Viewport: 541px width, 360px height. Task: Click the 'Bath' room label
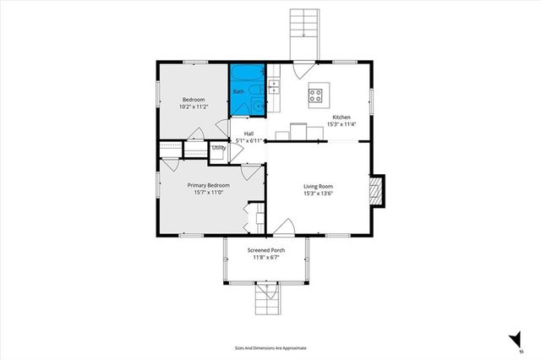pyautogui.click(x=238, y=91)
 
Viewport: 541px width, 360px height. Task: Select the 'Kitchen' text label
pyautogui.click(x=342, y=117)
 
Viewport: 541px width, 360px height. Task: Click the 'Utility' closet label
pyautogui.click(x=219, y=148)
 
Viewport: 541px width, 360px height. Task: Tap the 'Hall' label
pyautogui.click(x=249, y=134)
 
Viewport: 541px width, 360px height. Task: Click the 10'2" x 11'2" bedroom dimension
pyautogui.click(x=194, y=107)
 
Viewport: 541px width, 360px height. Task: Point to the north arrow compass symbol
pyautogui.click(x=513, y=340)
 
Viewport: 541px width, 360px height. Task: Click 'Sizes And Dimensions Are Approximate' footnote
pyautogui.click(x=270, y=347)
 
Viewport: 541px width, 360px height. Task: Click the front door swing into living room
pyautogui.click(x=285, y=226)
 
